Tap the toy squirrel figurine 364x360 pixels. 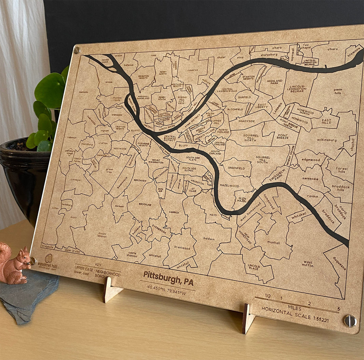pos(13,263)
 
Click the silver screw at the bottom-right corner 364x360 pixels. pos(350,321)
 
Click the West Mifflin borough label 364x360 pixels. pos(307,263)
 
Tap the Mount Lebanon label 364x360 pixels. pos(102,235)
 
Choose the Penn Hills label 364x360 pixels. pos(337,91)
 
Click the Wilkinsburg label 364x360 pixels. pos(326,140)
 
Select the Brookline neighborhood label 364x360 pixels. pos(145,204)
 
